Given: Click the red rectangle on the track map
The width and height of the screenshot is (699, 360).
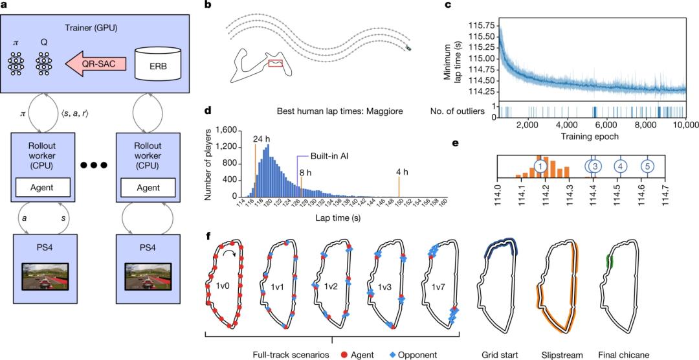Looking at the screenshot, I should [275, 63].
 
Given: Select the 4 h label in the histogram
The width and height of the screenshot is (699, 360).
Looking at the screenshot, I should [401, 172].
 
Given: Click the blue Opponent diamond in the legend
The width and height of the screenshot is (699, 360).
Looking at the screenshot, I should [392, 355].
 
